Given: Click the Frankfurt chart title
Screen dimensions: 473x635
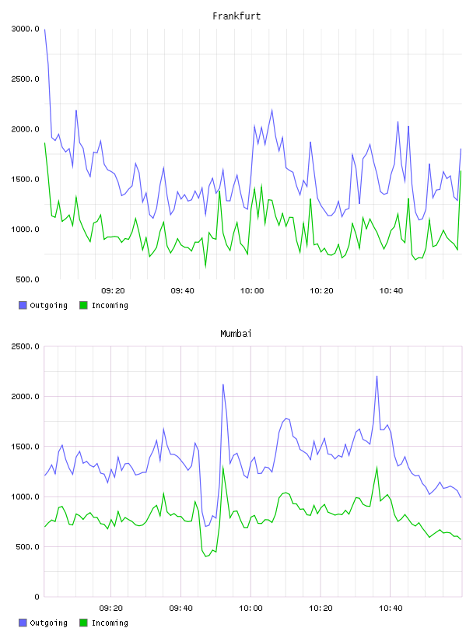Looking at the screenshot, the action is click(x=236, y=16).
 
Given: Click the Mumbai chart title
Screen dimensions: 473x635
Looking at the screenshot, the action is click(x=236, y=334).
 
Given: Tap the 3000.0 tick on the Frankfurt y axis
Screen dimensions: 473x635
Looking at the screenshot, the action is click(x=25, y=29).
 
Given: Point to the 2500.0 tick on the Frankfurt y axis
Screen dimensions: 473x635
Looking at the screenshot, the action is click(x=25, y=79).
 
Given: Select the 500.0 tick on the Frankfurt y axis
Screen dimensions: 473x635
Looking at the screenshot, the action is click(x=27, y=279).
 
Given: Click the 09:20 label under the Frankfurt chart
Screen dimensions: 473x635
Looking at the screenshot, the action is click(x=113, y=291).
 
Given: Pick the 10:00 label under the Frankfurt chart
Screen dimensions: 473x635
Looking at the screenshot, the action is click(x=252, y=291).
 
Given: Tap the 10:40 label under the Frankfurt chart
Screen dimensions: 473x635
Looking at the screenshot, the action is click(x=391, y=291).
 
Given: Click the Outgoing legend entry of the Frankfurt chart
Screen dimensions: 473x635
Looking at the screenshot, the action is click(x=43, y=305).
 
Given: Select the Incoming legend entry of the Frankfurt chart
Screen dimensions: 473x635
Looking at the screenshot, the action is click(x=103, y=305).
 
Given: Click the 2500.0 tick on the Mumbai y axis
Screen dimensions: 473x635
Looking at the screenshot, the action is click(x=25, y=346).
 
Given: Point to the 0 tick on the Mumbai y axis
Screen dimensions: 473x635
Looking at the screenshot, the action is click(x=37, y=597).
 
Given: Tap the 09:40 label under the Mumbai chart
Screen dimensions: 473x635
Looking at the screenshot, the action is click(x=181, y=609).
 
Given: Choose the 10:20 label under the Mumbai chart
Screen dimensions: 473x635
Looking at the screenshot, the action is click(x=321, y=609).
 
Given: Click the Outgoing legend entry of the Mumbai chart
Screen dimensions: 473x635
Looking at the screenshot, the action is click(x=43, y=623).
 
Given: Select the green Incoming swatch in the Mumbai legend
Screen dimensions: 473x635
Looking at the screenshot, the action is click(x=83, y=623).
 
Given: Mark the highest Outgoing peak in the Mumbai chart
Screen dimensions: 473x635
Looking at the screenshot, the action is click(x=377, y=376).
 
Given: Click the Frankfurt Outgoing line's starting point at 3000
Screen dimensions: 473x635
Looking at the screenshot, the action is click(x=44, y=29).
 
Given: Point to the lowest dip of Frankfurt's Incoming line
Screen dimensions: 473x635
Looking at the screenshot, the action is click(x=205, y=267).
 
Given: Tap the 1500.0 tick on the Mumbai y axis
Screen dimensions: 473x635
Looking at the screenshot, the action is click(x=25, y=447).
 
